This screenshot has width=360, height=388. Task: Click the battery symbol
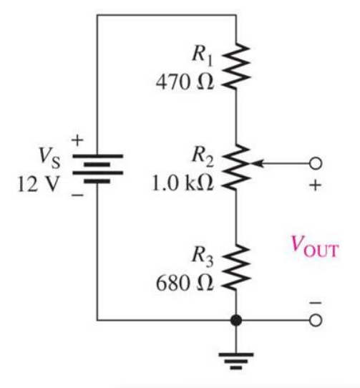(97, 166)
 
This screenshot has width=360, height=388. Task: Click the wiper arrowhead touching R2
(256, 163)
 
